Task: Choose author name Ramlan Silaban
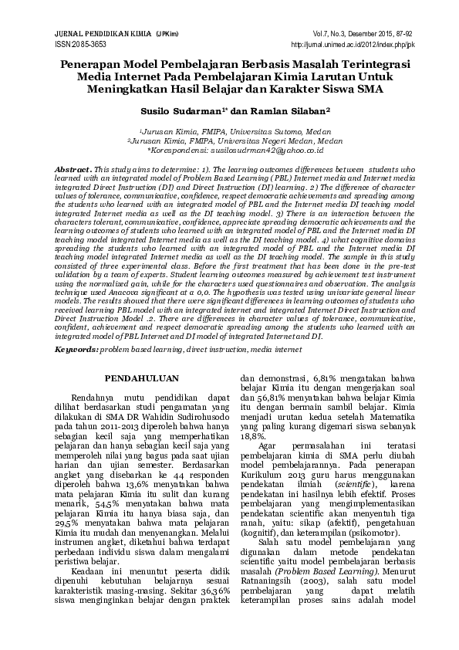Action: [292, 111]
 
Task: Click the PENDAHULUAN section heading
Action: [142, 377]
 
